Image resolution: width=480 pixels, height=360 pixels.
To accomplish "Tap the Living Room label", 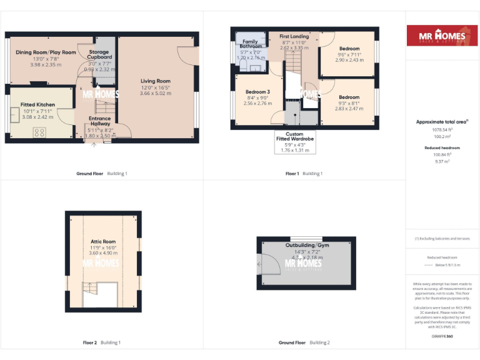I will coord(155,81).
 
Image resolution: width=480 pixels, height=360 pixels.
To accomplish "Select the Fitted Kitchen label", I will coord(38,105).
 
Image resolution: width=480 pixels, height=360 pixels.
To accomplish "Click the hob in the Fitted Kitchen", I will coord(39,132).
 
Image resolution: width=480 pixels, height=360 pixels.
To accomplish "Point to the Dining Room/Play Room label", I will coord(46,52).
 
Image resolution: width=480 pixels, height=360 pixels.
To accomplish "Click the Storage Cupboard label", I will coord(99,55).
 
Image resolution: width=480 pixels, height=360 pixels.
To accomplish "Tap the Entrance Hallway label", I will coord(99,122).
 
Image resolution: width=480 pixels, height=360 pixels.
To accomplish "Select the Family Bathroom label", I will coord(250,44).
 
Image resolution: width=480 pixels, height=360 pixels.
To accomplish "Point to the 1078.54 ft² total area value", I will coord(442,130).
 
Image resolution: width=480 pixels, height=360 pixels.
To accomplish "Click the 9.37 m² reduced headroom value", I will coord(442,161).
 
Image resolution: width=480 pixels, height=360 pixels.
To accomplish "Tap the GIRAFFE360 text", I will coord(442,336).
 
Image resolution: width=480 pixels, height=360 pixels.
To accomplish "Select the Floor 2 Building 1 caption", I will coord(101,342).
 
